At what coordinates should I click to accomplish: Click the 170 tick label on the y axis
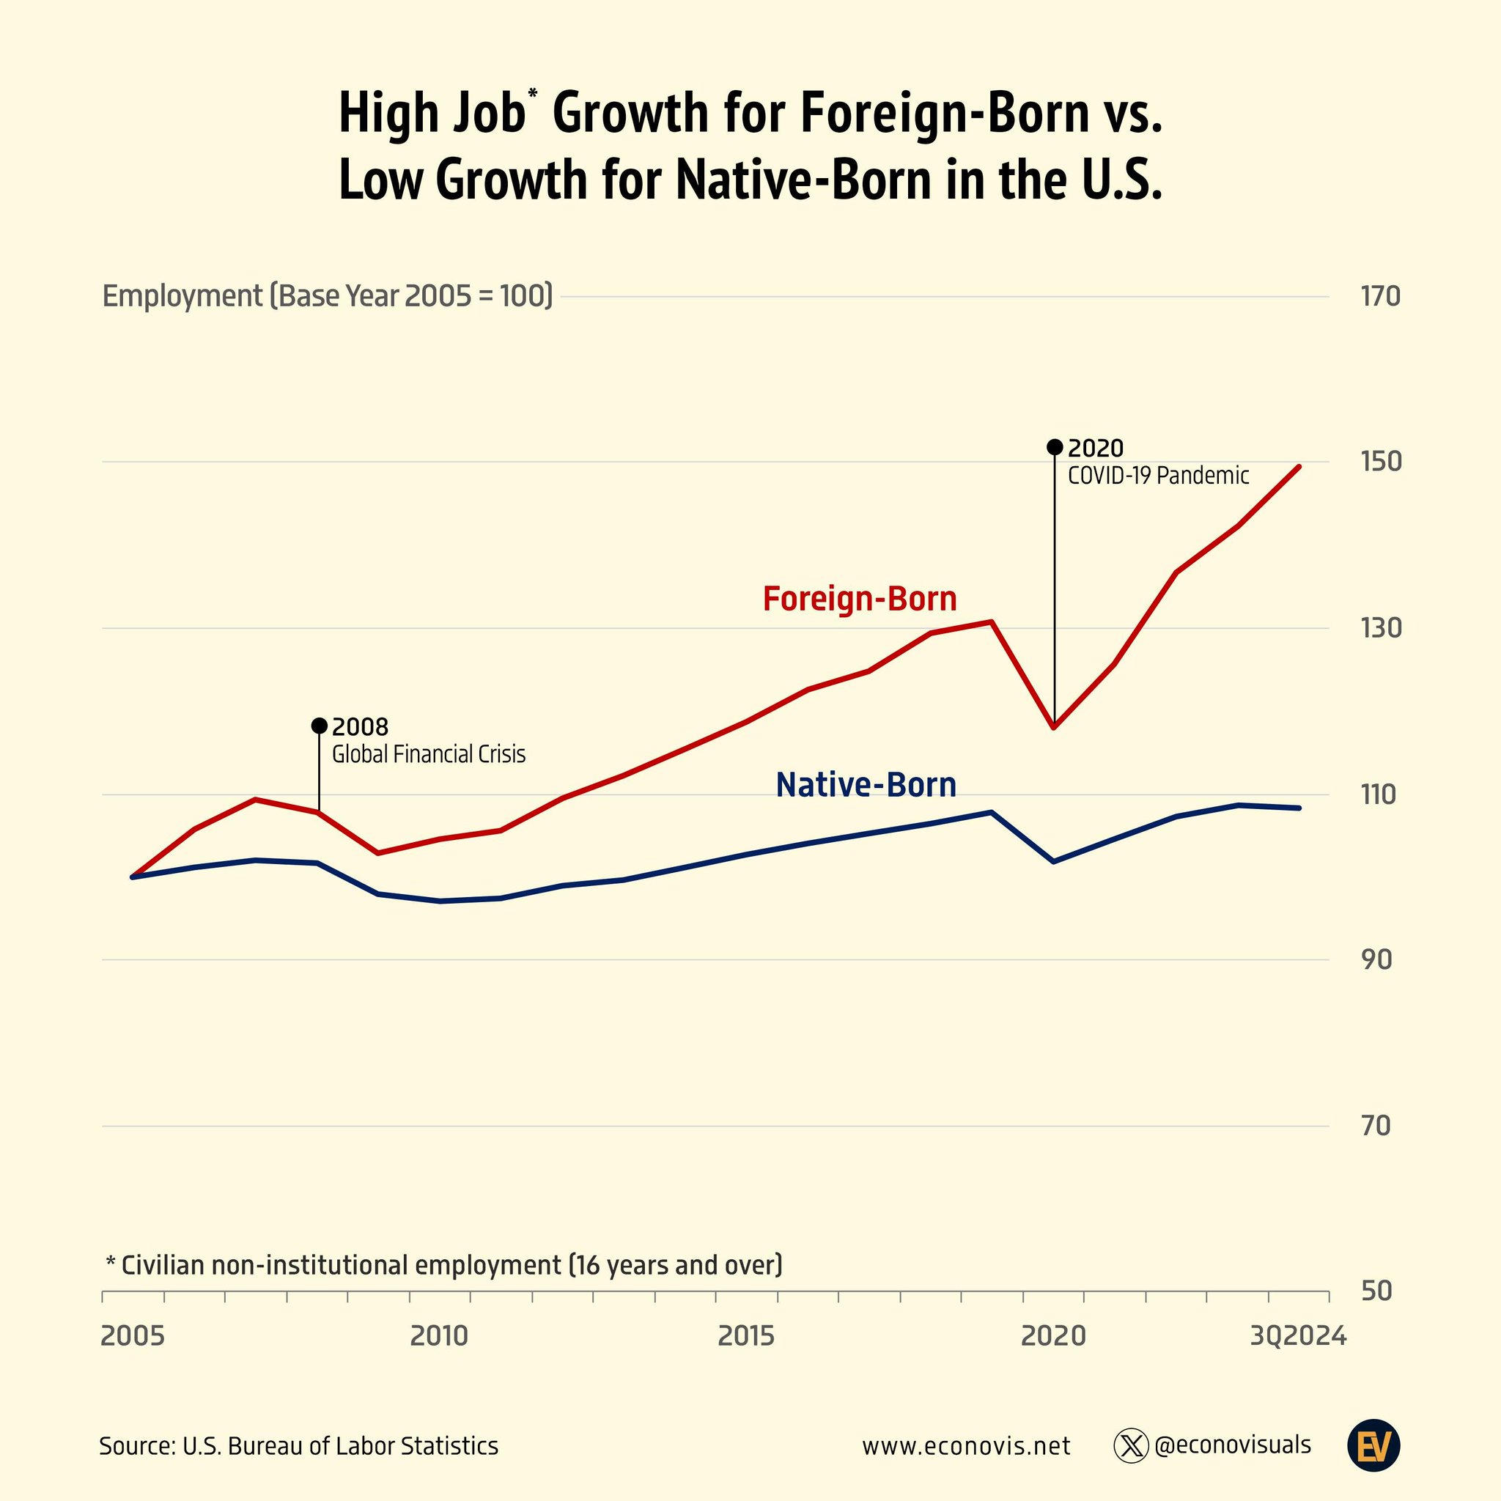coord(1380,296)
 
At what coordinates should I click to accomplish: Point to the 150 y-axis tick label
coord(1380,462)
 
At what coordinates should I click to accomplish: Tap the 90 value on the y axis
coord(1376,960)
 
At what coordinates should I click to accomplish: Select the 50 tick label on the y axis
coord(1376,1291)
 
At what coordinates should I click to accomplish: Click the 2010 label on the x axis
coord(439,1336)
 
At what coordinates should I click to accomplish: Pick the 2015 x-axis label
coord(746,1336)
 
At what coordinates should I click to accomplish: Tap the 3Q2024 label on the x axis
coord(1297,1336)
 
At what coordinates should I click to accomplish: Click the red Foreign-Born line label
coord(859,599)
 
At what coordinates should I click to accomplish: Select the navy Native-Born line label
coord(866,785)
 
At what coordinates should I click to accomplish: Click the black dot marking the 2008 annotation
coord(319,726)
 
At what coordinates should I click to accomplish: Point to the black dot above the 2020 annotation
coord(1054,447)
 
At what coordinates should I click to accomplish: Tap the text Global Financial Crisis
coord(428,754)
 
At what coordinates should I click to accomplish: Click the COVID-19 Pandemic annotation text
coord(1157,476)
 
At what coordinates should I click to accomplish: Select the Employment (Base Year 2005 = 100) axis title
coord(327,296)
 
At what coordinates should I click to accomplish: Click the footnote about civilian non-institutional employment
coord(443,1265)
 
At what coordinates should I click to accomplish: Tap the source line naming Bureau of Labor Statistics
coord(298,1446)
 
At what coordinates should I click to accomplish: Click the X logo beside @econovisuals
coord(1130,1446)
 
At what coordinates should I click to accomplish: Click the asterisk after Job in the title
coord(532,95)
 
